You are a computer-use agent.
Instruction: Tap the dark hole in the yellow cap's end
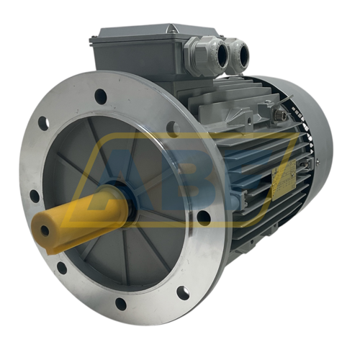click(x=45, y=230)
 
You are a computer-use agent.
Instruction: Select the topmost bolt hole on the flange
click(x=101, y=96)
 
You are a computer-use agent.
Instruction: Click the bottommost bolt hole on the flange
click(x=183, y=292)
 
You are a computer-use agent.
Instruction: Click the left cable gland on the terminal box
click(x=202, y=56)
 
